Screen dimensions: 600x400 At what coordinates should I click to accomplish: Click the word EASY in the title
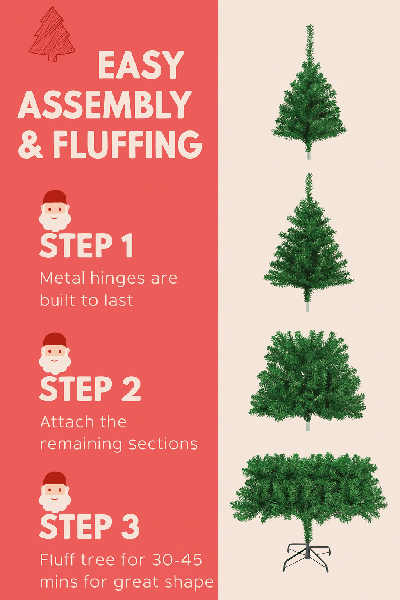click(x=141, y=65)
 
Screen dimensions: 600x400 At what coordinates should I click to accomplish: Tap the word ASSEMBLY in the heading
click(x=105, y=105)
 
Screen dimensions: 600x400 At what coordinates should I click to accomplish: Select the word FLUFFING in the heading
click(x=127, y=145)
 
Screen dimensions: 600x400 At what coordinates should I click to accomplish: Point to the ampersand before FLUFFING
click(x=30, y=145)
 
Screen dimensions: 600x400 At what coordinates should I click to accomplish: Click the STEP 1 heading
click(x=86, y=246)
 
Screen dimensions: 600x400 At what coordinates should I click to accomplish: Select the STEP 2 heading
click(x=90, y=389)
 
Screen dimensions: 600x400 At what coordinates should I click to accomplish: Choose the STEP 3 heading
click(x=89, y=527)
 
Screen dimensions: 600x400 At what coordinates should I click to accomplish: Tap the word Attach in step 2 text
click(x=67, y=422)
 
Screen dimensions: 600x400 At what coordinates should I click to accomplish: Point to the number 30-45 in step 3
click(x=177, y=560)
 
